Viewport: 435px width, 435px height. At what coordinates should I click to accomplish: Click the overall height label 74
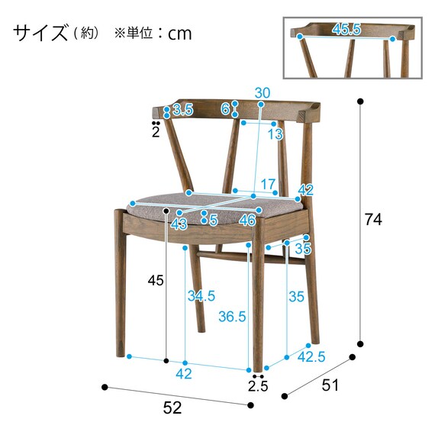pos(372,220)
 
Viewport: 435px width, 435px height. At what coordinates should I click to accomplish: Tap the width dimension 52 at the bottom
pos(173,408)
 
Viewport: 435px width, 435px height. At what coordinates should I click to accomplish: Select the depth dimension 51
pos(330,385)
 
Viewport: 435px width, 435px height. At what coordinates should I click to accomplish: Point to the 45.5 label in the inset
pos(346,30)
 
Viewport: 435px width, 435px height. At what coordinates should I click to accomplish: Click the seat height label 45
pos(156,281)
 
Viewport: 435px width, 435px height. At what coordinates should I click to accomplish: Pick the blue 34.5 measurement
pos(200,295)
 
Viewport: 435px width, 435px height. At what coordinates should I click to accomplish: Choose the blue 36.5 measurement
pos(231,316)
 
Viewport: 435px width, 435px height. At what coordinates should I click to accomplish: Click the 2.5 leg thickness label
pos(258,386)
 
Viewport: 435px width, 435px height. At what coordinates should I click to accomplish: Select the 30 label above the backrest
pos(262,93)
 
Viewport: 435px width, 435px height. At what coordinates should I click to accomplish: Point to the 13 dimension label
pos(275,134)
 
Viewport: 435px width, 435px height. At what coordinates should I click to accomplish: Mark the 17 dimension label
pos(267,184)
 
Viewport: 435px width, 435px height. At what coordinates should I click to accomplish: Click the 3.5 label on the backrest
pos(182,110)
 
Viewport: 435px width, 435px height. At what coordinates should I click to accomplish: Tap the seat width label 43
pos(179,224)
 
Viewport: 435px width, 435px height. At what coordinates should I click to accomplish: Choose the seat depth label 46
pos(246,221)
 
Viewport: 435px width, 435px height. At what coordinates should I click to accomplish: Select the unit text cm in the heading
pos(180,34)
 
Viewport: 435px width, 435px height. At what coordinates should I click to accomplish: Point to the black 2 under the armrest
pos(156,132)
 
